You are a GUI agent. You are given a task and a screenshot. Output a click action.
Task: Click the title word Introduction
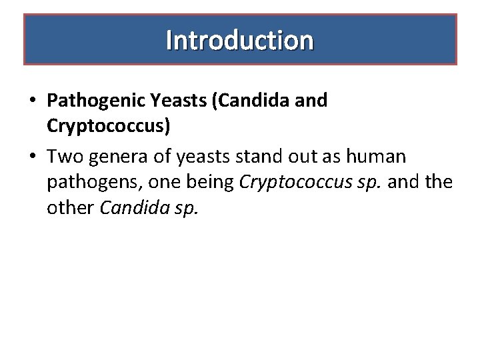240,40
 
